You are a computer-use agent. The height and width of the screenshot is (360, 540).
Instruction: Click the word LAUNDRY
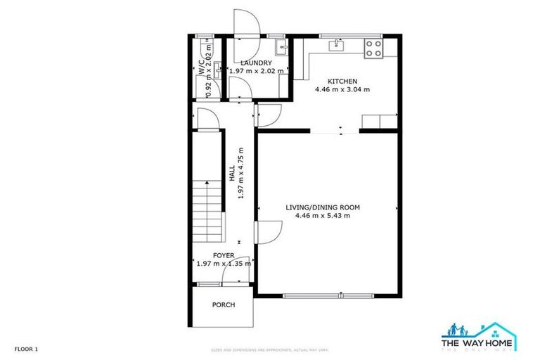click(257, 63)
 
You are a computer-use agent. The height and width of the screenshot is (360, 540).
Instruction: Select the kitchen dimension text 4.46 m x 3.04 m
click(342, 89)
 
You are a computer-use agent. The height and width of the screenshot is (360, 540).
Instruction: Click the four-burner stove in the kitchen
click(373, 49)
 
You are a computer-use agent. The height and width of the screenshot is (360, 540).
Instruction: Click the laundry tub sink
click(281, 48)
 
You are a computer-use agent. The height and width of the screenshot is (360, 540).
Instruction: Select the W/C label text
click(202, 68)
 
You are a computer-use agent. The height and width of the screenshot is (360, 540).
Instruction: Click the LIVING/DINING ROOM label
click(323, 207)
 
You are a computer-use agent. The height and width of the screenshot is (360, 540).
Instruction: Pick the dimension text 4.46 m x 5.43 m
click(323, 216)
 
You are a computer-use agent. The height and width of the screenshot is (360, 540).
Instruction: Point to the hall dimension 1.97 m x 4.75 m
click(240, 174)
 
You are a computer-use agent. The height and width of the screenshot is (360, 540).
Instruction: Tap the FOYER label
click(224, 255)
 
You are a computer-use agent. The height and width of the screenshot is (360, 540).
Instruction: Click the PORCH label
click(224, 304)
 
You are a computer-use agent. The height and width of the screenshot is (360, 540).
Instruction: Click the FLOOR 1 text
click(26, 349)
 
